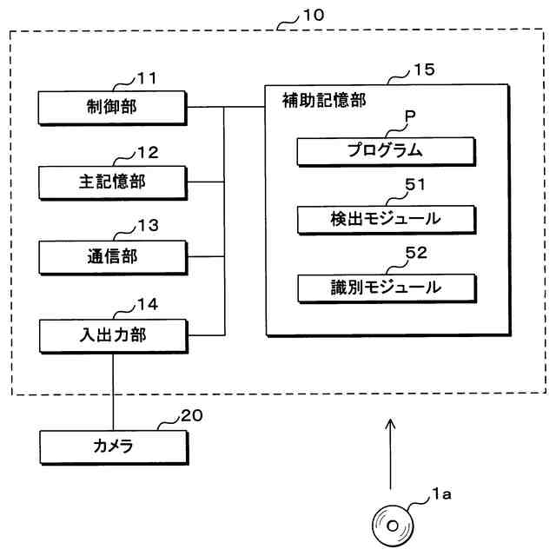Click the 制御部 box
point(112,108)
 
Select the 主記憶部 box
point(113,182)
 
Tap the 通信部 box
point(113,257)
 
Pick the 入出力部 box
point(114,336)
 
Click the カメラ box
point(114,447)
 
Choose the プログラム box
point(386,151)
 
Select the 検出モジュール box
point(387,220)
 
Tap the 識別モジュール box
point(387,288)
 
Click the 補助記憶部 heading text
point(324,101)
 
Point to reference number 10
point(314,16)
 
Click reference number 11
point(147,78)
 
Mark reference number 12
point(148,153)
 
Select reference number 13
point(149,226)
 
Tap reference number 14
point(148,305)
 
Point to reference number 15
point(425,69)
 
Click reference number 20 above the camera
point(192,415)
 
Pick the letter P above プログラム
point(410,116)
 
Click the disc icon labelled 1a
point(393,526)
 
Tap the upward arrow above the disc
point(390,454)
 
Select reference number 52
point(416,253)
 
